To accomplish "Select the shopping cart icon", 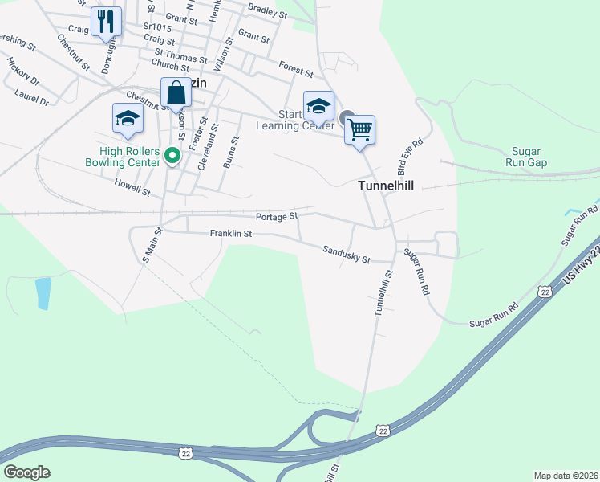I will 360,129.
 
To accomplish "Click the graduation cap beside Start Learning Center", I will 318,105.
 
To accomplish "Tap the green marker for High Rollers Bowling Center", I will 171,155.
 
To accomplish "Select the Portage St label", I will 277,216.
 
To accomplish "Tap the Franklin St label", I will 231,234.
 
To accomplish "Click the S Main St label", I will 152,245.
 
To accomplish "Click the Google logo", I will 26,472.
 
